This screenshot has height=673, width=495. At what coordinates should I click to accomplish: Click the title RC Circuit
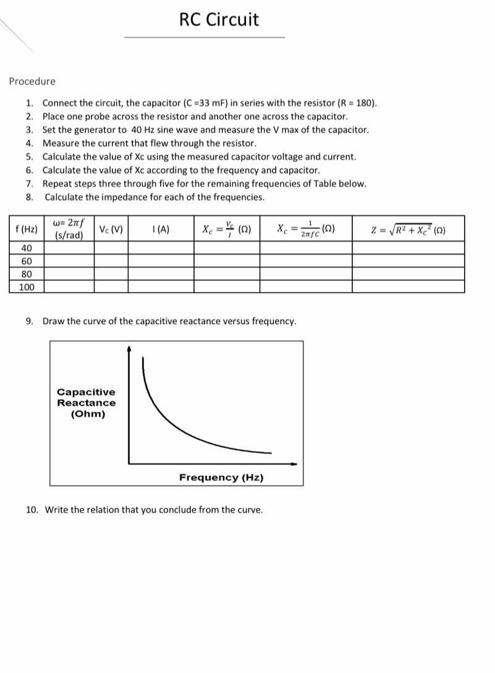[x=219, y=20]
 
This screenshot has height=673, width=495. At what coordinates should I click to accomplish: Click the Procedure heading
[x=32, y=81]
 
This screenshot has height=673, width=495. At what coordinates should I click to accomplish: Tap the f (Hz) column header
[x=25, y=229]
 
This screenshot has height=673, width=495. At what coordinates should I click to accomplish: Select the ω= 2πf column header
[x=69, y=228]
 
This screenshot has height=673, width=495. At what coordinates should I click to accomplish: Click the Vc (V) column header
[x=111, y=229]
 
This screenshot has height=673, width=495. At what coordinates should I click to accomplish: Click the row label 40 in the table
[x=26, y=248]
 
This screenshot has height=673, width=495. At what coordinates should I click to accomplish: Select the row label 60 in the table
[x=26, y=261]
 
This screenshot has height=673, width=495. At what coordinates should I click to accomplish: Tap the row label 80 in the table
[x=26, y=274]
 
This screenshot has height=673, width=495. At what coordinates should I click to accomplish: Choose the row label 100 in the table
[x=26, y=287]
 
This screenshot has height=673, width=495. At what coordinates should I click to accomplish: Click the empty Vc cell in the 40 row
[x=111, y=248]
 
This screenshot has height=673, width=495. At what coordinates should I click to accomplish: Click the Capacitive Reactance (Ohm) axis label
[x=86, y=403]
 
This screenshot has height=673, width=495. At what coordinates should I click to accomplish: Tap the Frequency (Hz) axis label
[x=221, y=478]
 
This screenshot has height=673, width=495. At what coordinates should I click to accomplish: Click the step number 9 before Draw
[x=29, y=321]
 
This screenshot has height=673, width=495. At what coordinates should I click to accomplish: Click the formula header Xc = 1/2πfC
[x=306, y=229]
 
